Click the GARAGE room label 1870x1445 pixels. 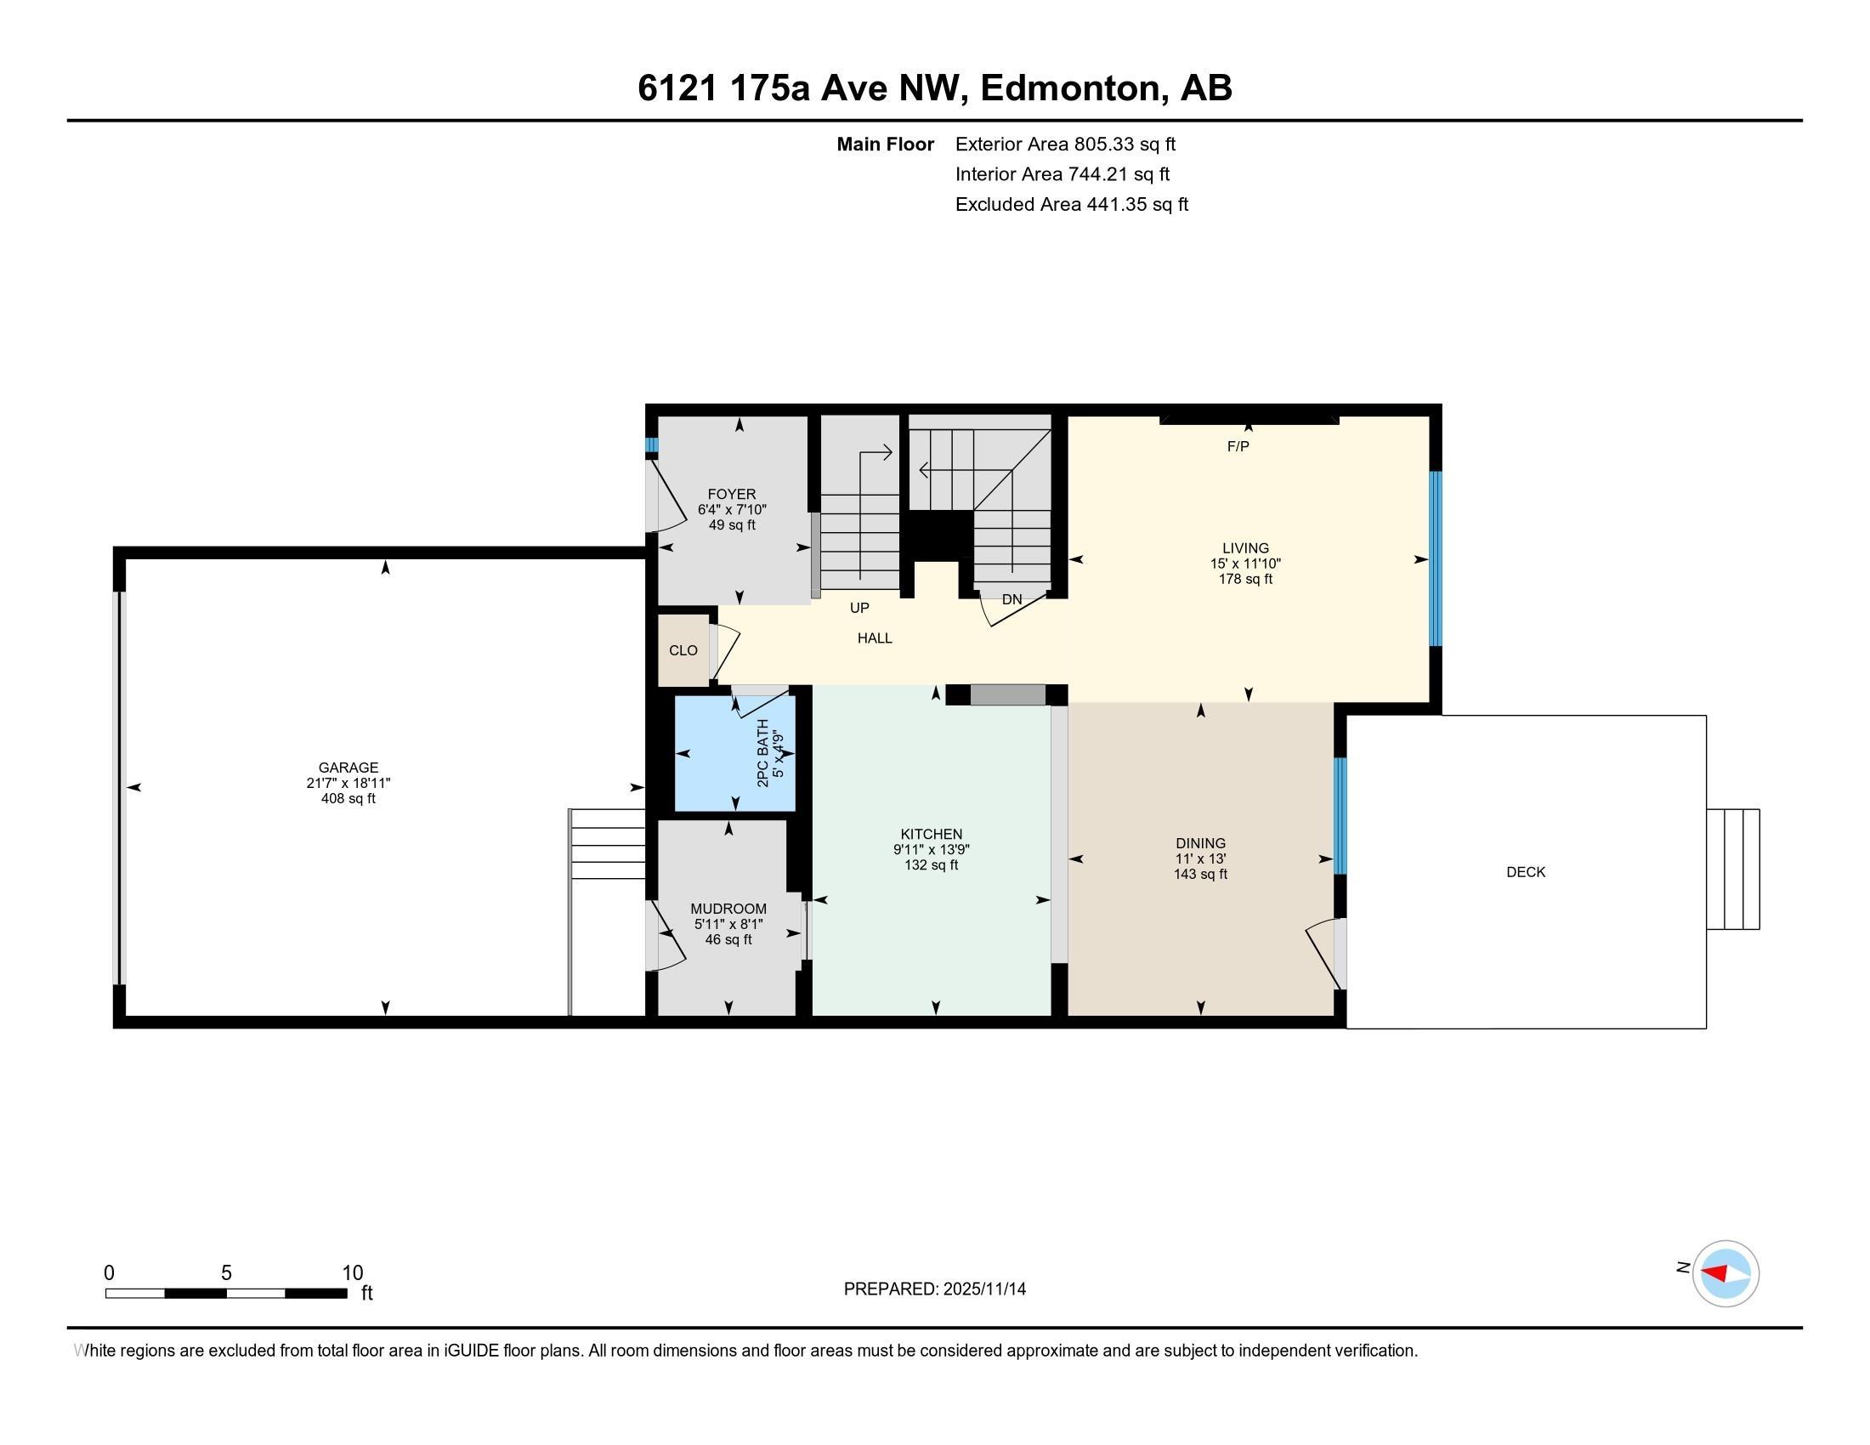tap(348, 768)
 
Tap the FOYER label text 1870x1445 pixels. tap(731, 494)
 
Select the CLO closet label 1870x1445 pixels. tap(683, 650)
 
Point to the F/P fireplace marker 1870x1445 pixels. tap(1238, 446)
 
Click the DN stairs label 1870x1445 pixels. tap(1012, 599)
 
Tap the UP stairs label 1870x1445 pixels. tap(858, 608)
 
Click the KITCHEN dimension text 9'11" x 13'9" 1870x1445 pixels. tap(931, 850)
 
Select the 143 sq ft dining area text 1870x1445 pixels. tap(1200, 874)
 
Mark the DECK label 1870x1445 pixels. tap(1526, 872)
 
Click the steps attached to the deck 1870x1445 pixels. tap(1732, 869)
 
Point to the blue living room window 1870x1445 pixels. tap(1436, 558)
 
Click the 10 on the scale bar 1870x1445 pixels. tap(352, 1273)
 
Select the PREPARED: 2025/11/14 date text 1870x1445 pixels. tap(934, 1289)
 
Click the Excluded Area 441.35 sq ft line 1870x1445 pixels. tap(1071, 205)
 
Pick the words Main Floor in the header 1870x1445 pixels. tap(885, 144)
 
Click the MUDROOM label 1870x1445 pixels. tap(728, 909)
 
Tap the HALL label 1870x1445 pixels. tap(874, 637)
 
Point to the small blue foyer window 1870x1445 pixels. tap(652, 445)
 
